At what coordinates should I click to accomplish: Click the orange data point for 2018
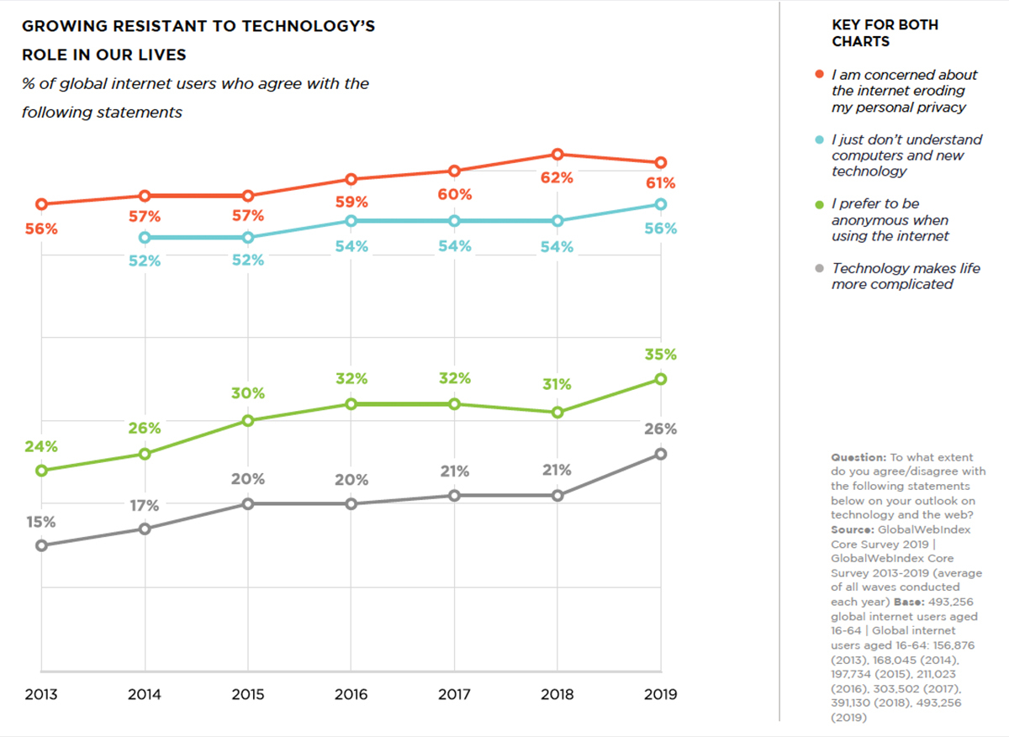[x=557, y=155]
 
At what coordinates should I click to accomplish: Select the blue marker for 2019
[x=661, y=204]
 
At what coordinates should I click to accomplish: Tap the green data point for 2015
[x=248, y=420]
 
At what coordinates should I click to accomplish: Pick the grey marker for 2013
[x=41, y=545]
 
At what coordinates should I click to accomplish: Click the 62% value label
[x=557, y=178]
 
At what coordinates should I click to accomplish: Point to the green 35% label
[x=661, y=355]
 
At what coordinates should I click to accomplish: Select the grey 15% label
[x=40, y=522]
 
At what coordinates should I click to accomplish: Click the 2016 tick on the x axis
[x=351, y=695]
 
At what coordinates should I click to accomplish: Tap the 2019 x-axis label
[x=661, y=695]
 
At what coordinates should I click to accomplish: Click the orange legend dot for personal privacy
[x=820, y=75]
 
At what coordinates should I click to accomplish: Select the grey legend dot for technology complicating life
[x=820, y=269]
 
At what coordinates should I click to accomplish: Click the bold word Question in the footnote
[x=858, y=457]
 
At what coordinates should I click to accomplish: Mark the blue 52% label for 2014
[x=145, y=261]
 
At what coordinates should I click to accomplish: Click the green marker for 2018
[x=557, y=413]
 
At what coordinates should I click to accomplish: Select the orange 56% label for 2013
[x=40, y=229]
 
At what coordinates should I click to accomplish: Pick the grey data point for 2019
[x=661, y=454]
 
